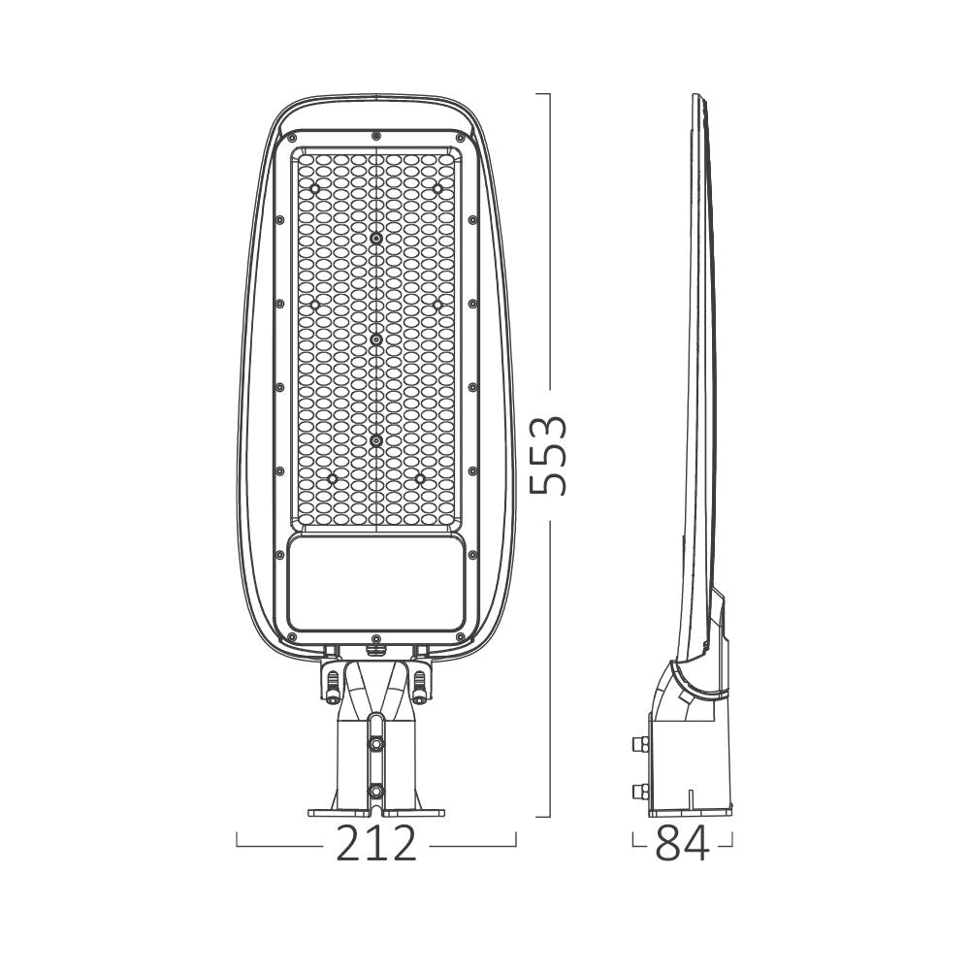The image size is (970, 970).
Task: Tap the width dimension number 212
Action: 376,845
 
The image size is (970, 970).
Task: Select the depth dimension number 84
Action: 682,845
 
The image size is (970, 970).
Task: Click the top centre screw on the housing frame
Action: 375,135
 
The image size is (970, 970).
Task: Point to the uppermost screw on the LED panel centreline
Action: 375,237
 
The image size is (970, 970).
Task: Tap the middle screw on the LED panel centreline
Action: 375,339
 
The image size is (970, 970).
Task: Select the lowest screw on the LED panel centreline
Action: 375,440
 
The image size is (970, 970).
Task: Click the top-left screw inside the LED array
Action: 313,186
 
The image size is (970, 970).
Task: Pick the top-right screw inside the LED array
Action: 437,186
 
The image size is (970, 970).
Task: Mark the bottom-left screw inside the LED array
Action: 333,478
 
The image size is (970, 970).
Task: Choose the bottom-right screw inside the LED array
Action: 419,478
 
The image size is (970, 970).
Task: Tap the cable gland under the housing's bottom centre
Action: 375,639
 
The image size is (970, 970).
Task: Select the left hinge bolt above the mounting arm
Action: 333,686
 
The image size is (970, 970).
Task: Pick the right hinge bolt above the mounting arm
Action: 419,686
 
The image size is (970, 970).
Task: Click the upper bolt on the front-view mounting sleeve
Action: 375,744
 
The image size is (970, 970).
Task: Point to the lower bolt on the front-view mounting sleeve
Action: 375,792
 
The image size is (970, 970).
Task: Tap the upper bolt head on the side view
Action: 637,745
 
